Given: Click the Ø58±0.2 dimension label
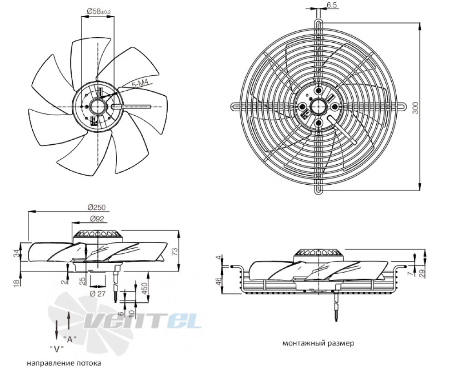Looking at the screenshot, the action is (99, 11).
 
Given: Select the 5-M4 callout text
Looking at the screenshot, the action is (140, 84).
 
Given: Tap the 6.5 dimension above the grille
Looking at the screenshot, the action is (332, 5).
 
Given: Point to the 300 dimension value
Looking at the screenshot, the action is (415, 108).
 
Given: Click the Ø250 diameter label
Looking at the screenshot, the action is (97, 207).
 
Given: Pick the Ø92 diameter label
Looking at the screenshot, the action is (97, 219).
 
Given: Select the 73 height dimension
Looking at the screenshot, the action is (175, 251).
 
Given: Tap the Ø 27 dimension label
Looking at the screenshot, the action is (98, 294).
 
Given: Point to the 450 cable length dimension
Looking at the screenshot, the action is (145, 288).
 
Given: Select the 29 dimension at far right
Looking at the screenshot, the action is (423, 273).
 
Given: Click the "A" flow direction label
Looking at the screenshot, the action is (70, 339).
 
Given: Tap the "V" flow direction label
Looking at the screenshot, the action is (57, 349).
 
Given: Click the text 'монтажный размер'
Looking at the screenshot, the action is (318, 344).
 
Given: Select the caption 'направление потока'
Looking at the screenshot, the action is (64, 363).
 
